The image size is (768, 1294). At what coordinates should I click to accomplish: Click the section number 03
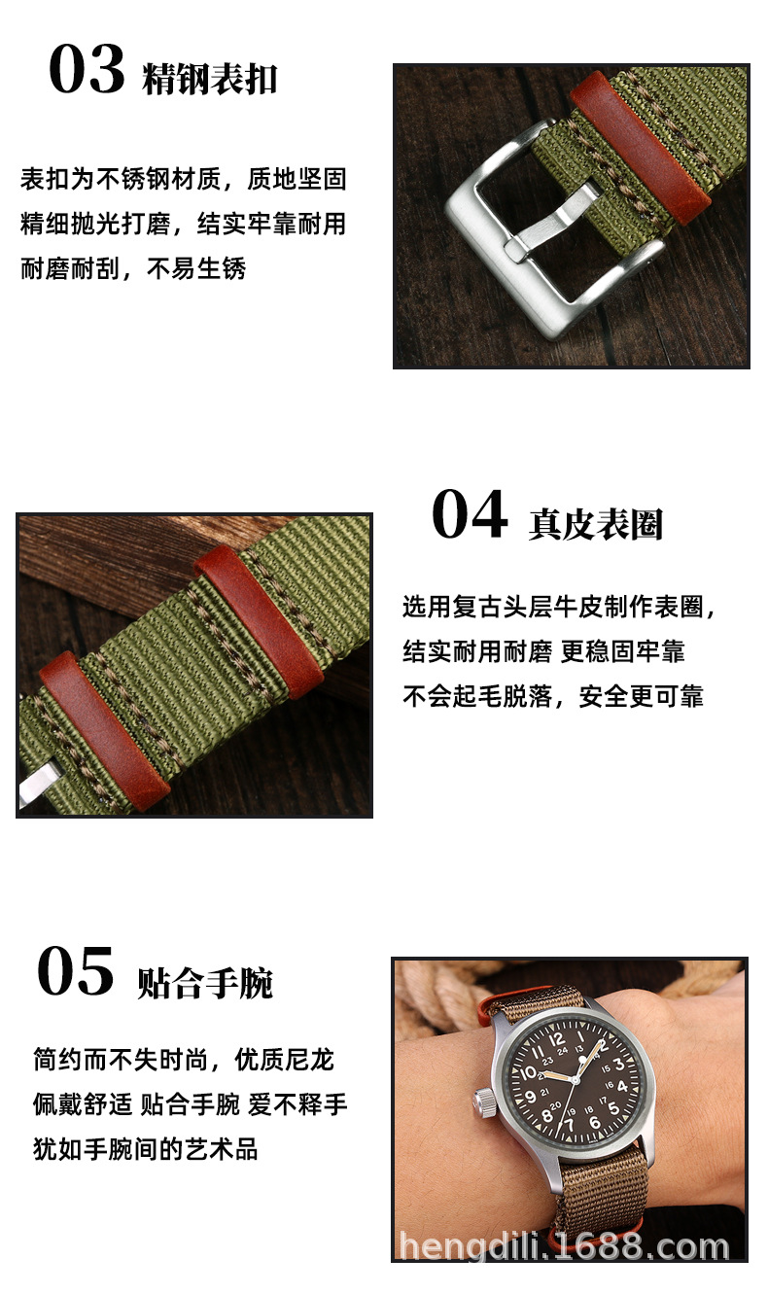(x=87, y=70)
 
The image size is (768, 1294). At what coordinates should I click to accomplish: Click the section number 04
(x=470, y=515)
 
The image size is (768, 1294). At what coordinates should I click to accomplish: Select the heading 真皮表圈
(x=595, y=524)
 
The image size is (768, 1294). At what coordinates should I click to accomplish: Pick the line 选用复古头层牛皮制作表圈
(x=560, y=607)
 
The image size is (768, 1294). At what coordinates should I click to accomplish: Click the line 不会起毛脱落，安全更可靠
(x=552, y=696)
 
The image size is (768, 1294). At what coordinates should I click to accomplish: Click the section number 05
(x=76, y=972)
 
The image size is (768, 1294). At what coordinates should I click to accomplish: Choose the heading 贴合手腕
(x=204, y=983)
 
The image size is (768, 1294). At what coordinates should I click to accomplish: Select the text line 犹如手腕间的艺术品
(x=146, y=1149)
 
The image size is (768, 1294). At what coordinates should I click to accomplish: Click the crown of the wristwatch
(x=482, y=1102)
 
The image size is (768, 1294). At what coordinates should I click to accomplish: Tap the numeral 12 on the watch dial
(x=556, y=1040)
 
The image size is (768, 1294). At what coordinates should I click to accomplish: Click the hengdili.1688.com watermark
(x=564, y=1246)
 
